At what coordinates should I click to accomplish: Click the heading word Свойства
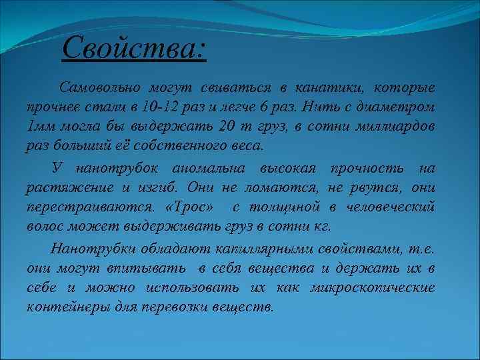point(133,48)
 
